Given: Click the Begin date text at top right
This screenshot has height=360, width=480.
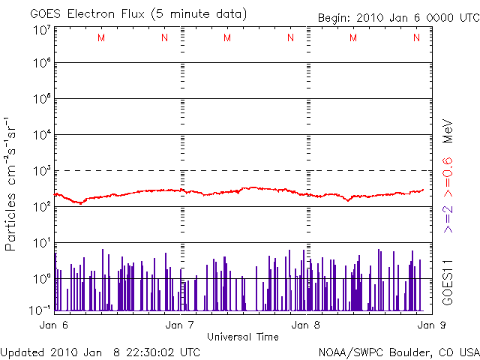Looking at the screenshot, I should [x=397, y=18].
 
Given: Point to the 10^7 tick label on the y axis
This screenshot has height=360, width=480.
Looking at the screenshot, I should [x=41, y=30].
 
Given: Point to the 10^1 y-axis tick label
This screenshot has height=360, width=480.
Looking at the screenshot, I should [x=41, y=243].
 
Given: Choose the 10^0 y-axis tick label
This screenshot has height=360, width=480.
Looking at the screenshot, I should [x=41, y=279].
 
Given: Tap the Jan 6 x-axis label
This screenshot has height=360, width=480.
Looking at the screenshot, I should [x=53, y=325].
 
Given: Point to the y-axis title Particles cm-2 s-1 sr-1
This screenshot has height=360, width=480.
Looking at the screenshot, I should [x=13, y=183].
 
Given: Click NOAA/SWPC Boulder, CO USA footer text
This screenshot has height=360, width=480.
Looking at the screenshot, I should [x=397, y=352].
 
